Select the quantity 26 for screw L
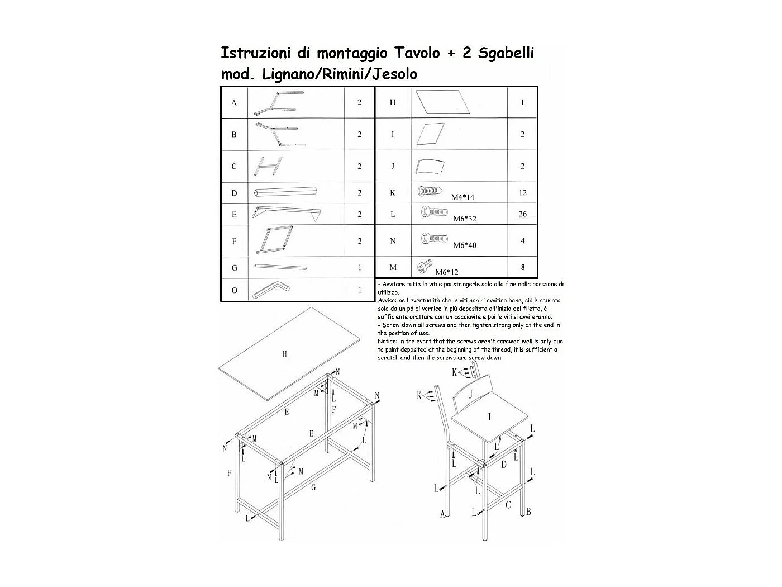click(x=522, y=214)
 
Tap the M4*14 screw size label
click(x=463, y=197)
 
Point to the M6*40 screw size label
click(x=465, y=245)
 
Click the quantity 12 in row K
click(x=522, y=193)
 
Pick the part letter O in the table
click(x=234, y=290)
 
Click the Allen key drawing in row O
click(x=271, y=290)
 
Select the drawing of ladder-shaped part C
click(x=268, y=166)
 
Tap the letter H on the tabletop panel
click(x=285, y=354)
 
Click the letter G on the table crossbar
click(x=313, y=488)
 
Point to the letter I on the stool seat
click(x=489, y=416)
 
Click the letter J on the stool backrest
click(x=470, y=394)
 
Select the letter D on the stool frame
click(x=503, y=465)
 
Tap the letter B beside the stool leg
click(x=528, y=512)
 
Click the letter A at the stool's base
click(x=442, y=514)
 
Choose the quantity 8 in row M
click(x=522, y=267)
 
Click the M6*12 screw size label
click(x=447, y=272)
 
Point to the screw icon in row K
click(x=430, y=191)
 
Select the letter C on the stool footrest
click(x=508, y=505)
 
